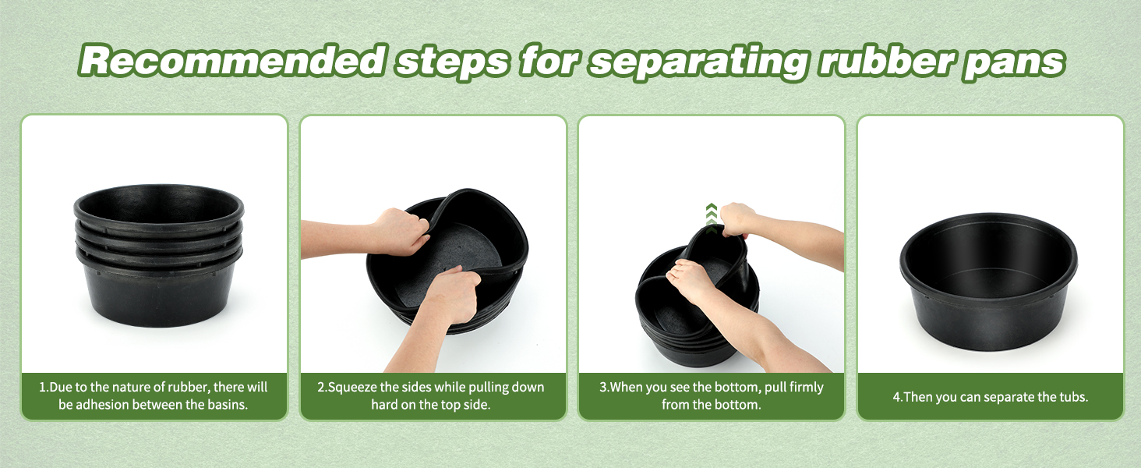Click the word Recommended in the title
pyautogui.click(x=230, y=60)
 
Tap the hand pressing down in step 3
pyautogui.click(x=689, y=282)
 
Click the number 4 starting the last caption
pyautogui.click(x=896, y=396)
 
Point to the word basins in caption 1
pyautogui.click(x=228, y=404)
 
